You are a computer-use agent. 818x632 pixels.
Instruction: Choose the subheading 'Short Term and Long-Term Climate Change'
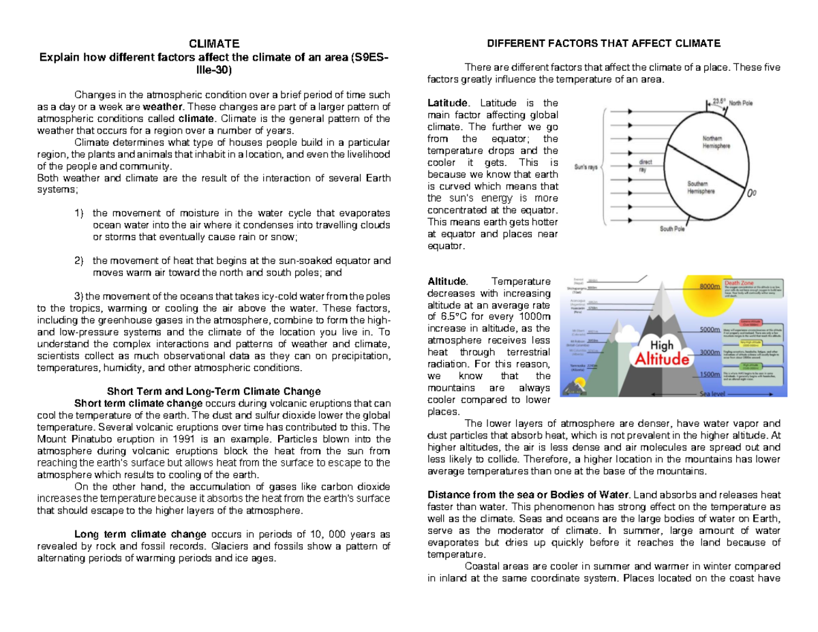213,391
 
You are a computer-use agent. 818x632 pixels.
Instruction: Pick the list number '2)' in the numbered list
78,260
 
